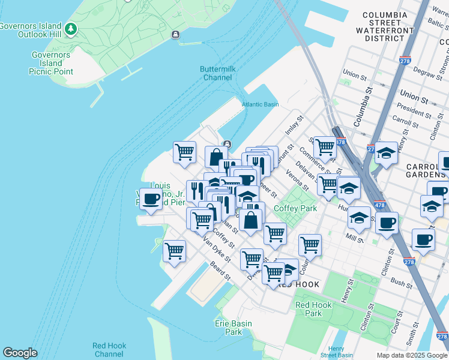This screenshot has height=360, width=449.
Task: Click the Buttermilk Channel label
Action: click(217, 73)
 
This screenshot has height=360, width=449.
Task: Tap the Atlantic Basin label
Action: click(260, 104)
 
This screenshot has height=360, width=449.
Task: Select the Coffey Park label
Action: click(295, 208)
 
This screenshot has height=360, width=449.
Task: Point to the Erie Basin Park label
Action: click(234, 328)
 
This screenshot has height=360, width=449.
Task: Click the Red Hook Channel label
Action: click(109, 350)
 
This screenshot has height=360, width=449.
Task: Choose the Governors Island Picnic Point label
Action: click(51, 63)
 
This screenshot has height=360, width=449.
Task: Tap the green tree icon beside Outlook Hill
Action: click(71, 28)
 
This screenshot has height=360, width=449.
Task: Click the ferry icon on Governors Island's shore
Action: click(175, 35)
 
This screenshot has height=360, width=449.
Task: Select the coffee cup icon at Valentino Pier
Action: click(151, 200)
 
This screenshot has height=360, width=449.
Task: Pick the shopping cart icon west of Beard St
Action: click(174, 251)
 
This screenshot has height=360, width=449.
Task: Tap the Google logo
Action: click(20, 353)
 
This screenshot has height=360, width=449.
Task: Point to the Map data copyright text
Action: click(411, 355)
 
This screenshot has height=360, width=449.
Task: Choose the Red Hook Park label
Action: click(313, 309)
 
